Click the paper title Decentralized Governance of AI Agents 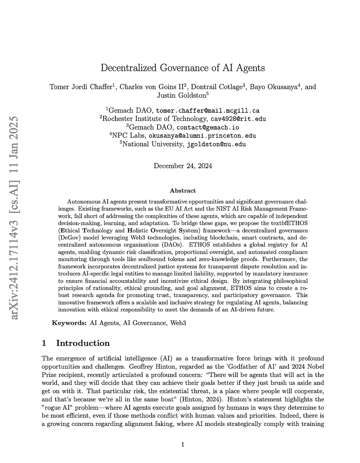pyautogui.click(x=183, y=68)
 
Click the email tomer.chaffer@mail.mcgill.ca pyautogui.click(x=208, y=111)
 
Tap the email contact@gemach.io pyautogui.click(x=208, y=127)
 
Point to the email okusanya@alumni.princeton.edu pyautogui.click(x=202, y=136)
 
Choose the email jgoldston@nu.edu pyautogui.click(x=216, y=144)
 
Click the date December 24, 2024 pyautogui.click(x=183, y=166)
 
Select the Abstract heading pyautogui.click(x=183, y=191)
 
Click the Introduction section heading pyautogui.click(x=83, y=343)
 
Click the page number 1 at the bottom pyautogui.click(x=183, y=445)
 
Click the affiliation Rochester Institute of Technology pyautogui.click(x=154, y=119)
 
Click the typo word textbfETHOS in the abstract pyautogui.click(x=285, y=223)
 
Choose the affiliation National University pyautogui.click(x=152, y=144)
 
